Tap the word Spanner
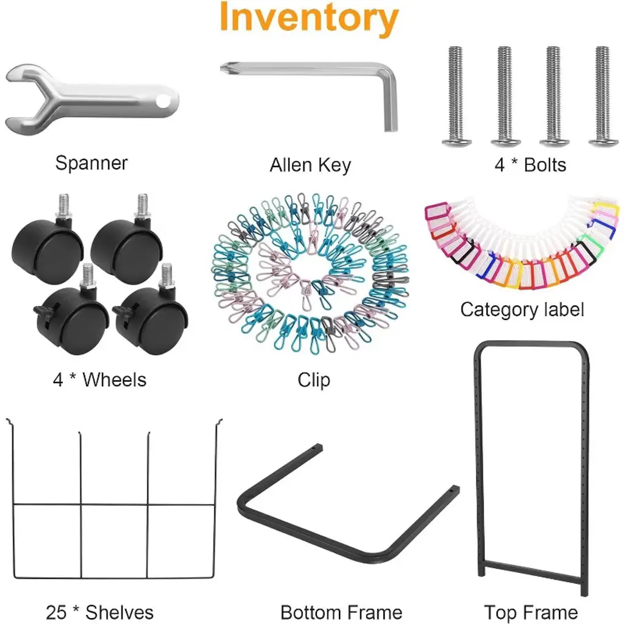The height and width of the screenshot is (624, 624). tap(91, 163)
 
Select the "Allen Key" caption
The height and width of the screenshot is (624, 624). tap(310, 165)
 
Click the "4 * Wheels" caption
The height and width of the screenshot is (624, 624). tap(99, 380)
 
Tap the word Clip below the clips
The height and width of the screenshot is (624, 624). tap(314, 380)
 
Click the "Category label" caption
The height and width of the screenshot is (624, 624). tap(522, 310)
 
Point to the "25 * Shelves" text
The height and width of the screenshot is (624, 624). tap(100, 612)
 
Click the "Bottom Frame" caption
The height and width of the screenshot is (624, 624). tap(341, 612)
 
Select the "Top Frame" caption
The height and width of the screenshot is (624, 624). tap(531, 612)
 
